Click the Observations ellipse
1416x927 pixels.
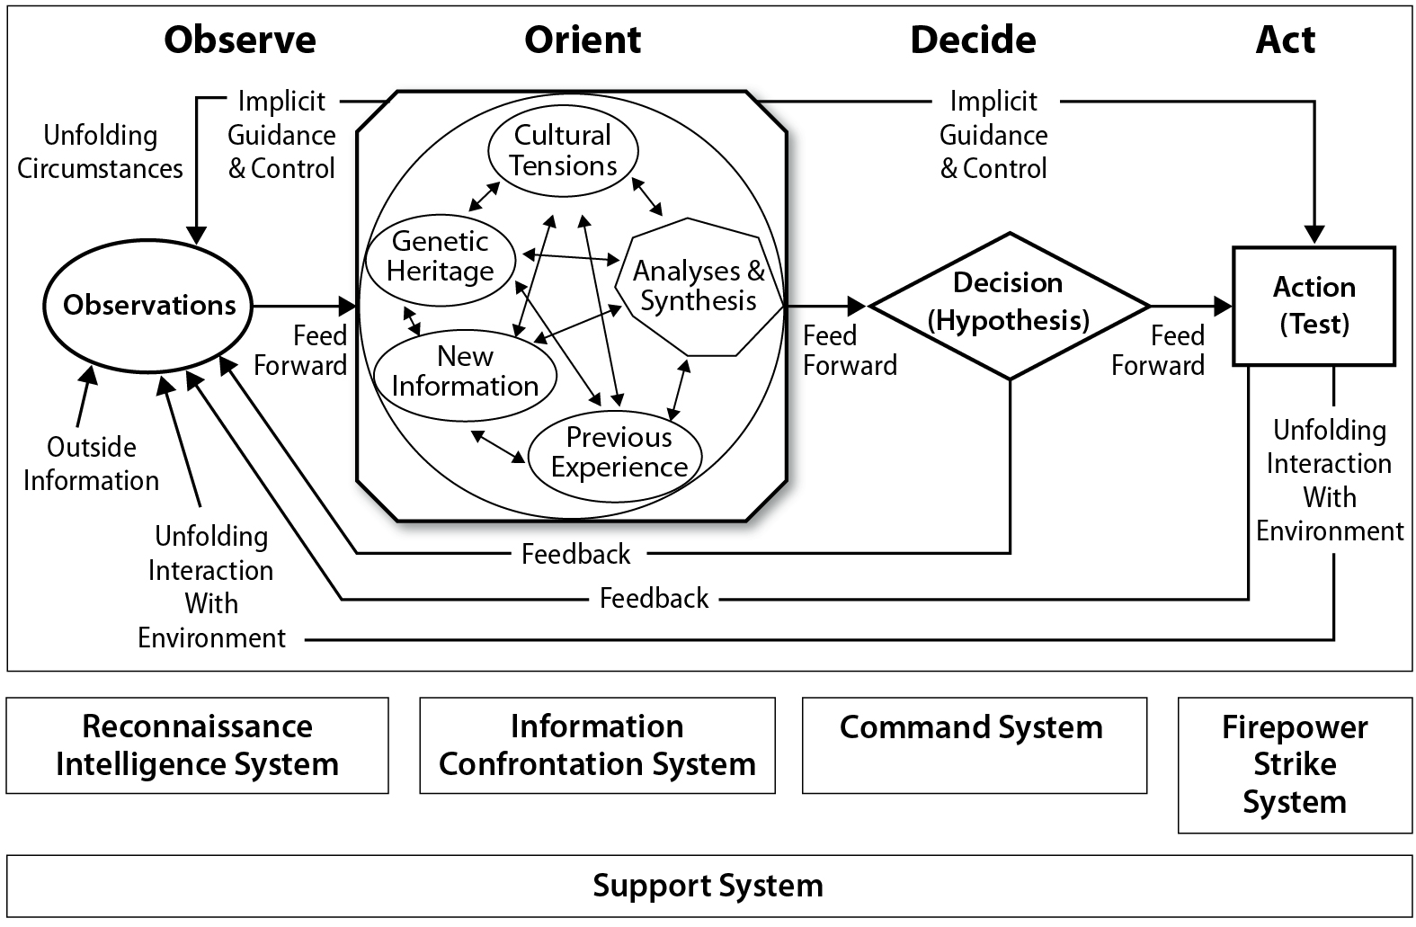[x=148, y=306]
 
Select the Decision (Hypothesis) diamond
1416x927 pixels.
[x=1009, y=303]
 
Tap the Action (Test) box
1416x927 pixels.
[x=1314, y=306]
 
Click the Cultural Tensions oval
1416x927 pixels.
[x=563, y=150]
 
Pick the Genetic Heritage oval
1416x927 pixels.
[x=441, y=256]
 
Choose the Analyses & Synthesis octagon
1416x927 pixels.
[x=699, y=286]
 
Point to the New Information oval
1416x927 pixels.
[x=465, y=371]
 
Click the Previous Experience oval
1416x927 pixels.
[x=619, y=452]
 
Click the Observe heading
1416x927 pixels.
[x=240, y=40]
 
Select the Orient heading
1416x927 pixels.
[x=583, y=40]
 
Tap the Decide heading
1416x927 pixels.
[x=973, y=40]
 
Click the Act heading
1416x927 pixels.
[x=1285, y=40]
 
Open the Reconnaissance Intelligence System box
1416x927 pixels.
[x=198, y=745]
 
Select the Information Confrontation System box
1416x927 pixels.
[x=597, y=745]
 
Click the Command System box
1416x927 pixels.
[x=974, y=745]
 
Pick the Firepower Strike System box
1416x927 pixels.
[x=1295, y=765]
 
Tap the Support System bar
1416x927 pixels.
[x=708, y=886]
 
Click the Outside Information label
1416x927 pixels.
[x=91, y=464]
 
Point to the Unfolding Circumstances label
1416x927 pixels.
[x=100, y=152]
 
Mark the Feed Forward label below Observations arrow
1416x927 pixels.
[x=300, y=351]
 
